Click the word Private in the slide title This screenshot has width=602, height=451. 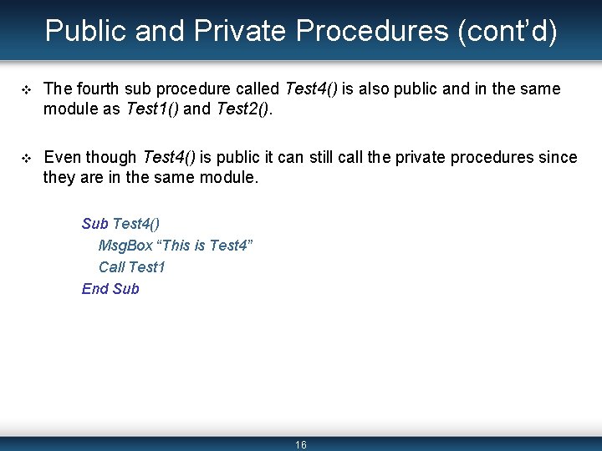tap(239, 31)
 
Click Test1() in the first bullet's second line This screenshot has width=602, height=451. tap(151, 109)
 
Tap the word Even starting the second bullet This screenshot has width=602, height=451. tap(60, 157)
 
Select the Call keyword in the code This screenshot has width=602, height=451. tap(112, 267)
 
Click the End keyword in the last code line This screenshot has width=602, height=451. tap(95, 289)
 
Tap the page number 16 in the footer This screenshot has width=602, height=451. tap(301, 444)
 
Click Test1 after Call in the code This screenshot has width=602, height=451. tap(147, 267)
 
